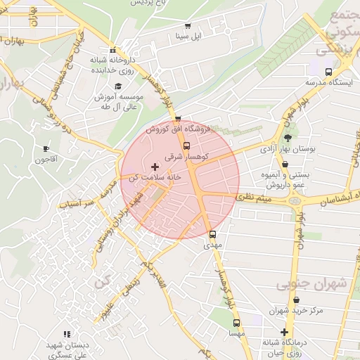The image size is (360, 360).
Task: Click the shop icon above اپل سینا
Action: coord(188,26)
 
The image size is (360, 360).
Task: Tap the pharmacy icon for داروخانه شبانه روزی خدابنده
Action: coord(112,50)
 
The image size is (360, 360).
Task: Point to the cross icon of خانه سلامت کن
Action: coord(155,167)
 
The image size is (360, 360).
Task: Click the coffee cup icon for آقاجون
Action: coord(46,149)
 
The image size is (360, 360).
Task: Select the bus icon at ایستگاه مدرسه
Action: coord(328,72)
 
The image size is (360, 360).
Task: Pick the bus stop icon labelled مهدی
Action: coord(212,235)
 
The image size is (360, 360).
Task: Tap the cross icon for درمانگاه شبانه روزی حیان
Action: coord(284,332)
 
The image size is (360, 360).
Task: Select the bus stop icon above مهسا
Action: coord(236,323)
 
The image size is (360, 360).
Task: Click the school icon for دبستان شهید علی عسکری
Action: coord(67,334)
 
